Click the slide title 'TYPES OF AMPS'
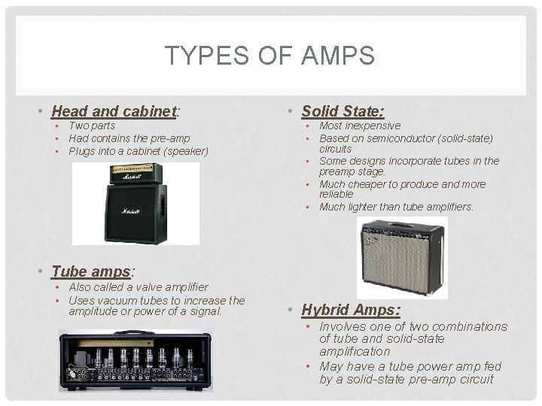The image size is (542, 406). tap(269, 55)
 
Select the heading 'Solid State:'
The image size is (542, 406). tap(343, 111)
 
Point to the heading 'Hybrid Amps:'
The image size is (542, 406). tap(351, 309)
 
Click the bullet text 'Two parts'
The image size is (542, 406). tap(92, 126)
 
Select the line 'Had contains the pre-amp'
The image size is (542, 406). tap(129, 138)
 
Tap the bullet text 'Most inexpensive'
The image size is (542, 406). tap(360, 126)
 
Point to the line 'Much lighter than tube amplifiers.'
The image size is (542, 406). tap(396, 207)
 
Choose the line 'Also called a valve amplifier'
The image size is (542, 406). tap(139, 287)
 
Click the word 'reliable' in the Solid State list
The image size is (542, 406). tap(336, 194)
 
